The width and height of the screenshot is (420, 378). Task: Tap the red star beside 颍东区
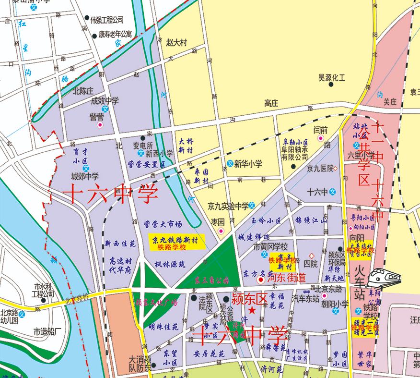click(252, 312)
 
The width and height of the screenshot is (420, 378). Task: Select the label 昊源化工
click(332, 77)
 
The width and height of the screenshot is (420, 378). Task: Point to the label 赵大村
click(176, 42)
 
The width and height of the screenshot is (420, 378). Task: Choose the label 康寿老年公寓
click(115, 35)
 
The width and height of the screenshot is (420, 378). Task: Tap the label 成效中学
click(105, 101)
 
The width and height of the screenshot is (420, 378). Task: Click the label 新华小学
click(248, 164)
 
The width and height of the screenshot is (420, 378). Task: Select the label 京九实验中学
click(228, 206)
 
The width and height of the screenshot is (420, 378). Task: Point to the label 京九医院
click(320, 168)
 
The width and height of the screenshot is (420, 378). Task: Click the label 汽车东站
click(305, 298)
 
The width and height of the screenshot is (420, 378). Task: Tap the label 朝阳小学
click(335, 304)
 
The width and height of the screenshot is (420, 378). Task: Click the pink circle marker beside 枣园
click(221, 231)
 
